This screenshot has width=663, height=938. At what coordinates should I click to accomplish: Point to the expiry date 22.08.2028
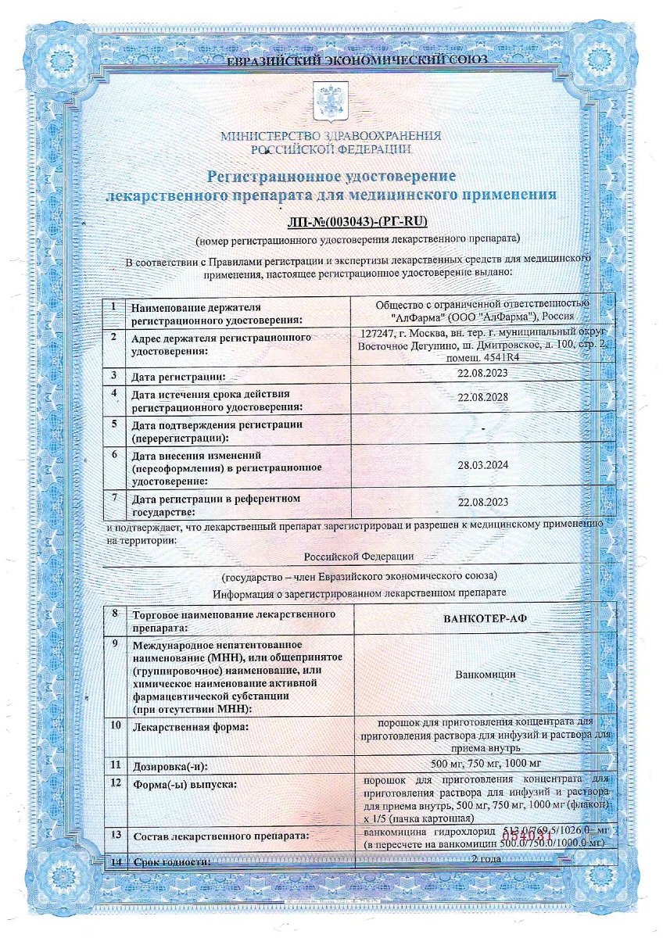point(482,396)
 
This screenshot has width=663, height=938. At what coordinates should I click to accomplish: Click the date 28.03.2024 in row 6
point(482,464)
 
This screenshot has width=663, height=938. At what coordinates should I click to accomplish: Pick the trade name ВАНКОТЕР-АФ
point(482,618)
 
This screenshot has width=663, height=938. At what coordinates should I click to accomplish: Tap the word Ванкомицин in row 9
point(482,673)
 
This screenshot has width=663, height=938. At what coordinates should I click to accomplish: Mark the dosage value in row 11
point(482,762)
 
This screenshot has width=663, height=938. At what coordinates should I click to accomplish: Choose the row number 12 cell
point(116,782)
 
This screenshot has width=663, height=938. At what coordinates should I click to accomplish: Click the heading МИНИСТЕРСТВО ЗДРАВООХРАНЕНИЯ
point(331,135)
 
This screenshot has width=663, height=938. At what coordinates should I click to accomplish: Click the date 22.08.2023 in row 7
point(482,502)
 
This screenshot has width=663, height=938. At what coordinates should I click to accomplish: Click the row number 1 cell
point(114,306)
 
